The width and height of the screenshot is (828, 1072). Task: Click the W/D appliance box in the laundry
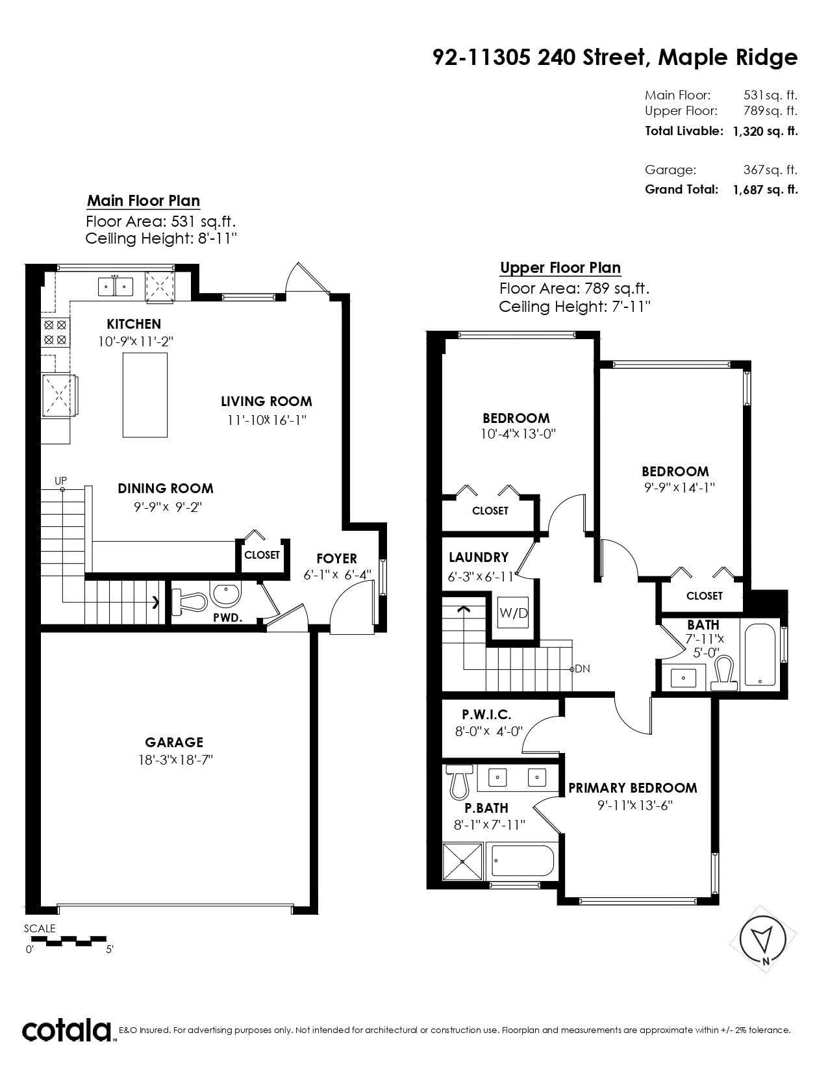point(513,613)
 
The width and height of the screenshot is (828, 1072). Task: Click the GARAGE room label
point(174,743)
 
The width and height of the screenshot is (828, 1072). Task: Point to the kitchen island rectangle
point(145,395)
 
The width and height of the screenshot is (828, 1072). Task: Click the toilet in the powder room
point(189,603)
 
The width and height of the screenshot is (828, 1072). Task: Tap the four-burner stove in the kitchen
point(55,333)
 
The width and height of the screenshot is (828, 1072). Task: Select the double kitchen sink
point(116,286)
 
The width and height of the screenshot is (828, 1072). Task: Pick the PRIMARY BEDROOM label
point(633,788)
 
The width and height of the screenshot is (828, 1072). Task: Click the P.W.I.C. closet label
point(486,714)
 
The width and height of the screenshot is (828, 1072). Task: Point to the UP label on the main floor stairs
point(60,481)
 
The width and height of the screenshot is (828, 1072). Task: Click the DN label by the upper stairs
point(583,669)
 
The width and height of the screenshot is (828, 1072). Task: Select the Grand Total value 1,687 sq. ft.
point(766,190)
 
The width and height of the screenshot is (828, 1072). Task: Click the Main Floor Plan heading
point(144,201)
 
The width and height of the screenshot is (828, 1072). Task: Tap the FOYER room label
point(336,559)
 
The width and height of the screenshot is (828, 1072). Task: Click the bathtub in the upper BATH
point(760,655)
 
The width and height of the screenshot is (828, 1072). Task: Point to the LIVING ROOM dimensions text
point(267,420)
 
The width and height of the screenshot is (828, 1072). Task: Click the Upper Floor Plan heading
point(560,268)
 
